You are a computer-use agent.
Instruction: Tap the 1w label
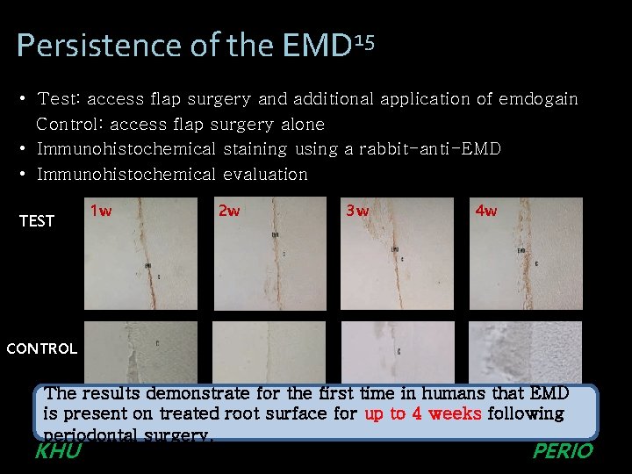point(101,212)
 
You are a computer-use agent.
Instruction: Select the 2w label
point(228,212)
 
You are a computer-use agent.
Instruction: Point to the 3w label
point(357,212)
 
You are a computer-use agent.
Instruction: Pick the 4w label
point(485,212)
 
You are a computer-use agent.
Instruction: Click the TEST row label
point(37,221)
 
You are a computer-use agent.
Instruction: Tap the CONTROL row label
point(41,348)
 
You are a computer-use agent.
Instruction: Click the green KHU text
point(57,451)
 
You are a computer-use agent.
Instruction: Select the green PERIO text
point(563,451)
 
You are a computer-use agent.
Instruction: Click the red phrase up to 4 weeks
point(423,413)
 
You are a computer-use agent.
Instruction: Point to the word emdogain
point(538,99)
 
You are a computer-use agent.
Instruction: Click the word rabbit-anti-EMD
point(430,149)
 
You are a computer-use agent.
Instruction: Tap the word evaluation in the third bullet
point(265,174)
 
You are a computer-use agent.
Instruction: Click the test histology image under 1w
point(140,255)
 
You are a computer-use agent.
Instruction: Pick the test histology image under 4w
point(525,255)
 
